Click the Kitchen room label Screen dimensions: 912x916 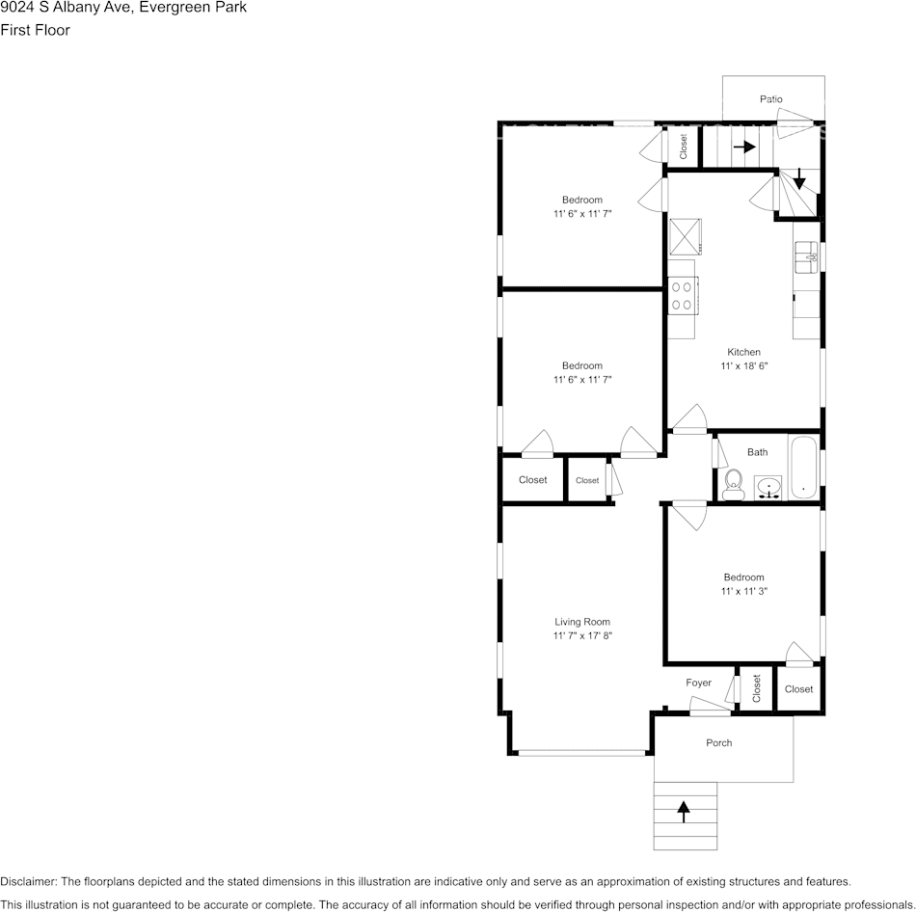743,352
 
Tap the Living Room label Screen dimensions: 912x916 582,622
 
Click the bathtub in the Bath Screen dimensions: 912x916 804,469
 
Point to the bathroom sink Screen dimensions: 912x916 768,488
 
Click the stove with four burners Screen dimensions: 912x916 682,295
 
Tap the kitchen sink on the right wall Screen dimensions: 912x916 806,256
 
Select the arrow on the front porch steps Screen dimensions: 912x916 685,812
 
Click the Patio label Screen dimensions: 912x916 770,99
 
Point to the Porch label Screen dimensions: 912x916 719,742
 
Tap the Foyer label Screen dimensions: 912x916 699,683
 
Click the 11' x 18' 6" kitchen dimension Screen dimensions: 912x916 743,366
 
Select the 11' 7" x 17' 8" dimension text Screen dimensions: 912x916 582,636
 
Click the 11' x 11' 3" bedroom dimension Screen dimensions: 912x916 743,591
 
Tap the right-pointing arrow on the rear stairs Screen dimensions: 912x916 743,148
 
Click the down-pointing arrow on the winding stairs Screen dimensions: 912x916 799,178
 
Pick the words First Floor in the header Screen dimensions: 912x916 35,30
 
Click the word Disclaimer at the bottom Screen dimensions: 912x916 28,881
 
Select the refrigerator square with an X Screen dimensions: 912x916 686,234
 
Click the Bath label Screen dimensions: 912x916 758,452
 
